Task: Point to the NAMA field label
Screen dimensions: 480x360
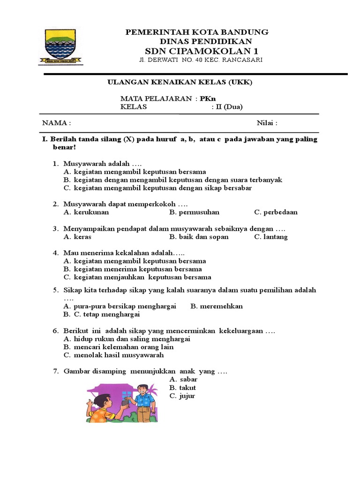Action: (x=57, y=123)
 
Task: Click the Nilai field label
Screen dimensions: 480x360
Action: (x=267, y=123)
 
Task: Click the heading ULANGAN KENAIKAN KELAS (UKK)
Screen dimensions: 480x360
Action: (x=180, y=82)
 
